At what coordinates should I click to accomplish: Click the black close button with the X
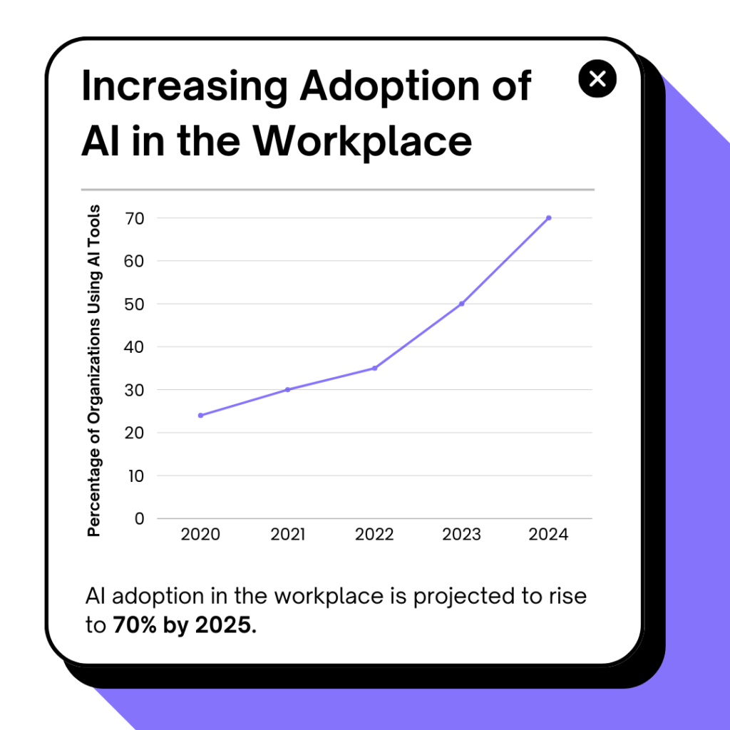[597, 78]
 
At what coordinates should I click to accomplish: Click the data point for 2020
[200, 415]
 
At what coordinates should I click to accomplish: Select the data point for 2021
[287, 389]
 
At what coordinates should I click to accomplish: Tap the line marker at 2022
[374, 368]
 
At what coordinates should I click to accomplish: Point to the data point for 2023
[462, 304]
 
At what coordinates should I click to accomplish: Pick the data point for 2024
[548, 217]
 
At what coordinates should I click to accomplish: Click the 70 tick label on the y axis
[134, 218]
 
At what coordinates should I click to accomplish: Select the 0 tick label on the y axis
[139, 518]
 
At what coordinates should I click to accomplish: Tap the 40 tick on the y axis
[134, 347]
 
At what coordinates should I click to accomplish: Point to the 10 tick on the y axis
[134, 475]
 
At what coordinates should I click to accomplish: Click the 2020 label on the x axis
[200, 535]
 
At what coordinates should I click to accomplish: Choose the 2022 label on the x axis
[374, 535]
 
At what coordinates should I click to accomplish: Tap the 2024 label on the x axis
[548, 535]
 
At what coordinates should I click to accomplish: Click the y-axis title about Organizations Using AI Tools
[94, 371]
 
